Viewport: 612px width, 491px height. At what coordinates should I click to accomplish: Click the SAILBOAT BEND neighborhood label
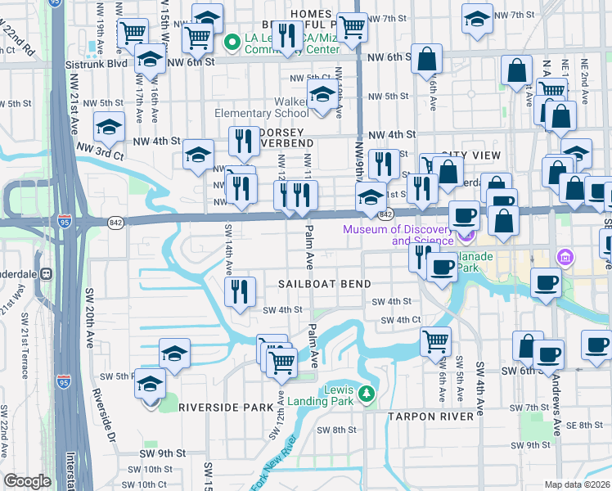point(325,283)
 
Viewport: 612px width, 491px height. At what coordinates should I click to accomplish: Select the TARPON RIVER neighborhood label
point(430,417)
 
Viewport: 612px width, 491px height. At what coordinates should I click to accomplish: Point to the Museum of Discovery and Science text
point(398,234)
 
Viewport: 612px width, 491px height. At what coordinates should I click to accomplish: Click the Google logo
point(28,481)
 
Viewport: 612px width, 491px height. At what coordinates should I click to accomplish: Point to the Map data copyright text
point(578,484)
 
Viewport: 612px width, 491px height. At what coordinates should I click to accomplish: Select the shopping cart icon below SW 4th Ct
point(436,340)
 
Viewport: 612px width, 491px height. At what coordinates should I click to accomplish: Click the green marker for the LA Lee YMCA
point(232,39)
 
